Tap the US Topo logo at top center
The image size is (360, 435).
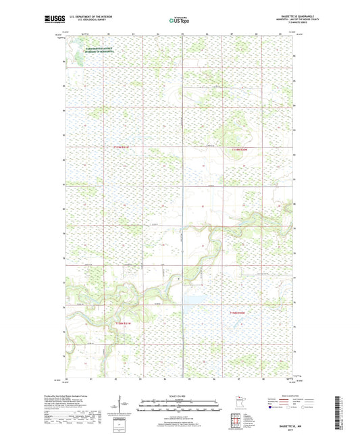coord(179,20)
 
